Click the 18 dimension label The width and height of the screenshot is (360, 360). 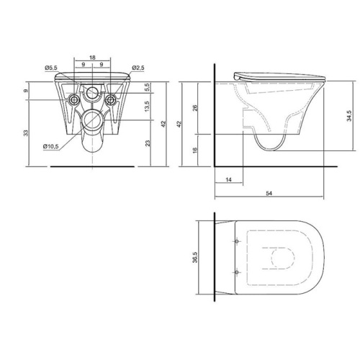coord(92,58)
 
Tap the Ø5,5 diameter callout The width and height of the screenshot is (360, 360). coord(51,68)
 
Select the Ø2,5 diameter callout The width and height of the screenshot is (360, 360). coord(138,68)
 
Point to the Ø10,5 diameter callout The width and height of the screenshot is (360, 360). coord(51,147)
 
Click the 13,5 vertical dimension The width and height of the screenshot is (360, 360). coord(148,106)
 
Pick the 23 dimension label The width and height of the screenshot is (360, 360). coord(148,143)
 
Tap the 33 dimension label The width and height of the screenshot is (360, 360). coord(26,133)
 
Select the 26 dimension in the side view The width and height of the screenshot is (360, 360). coord(196,108)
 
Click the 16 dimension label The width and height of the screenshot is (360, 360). coord(195,150)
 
